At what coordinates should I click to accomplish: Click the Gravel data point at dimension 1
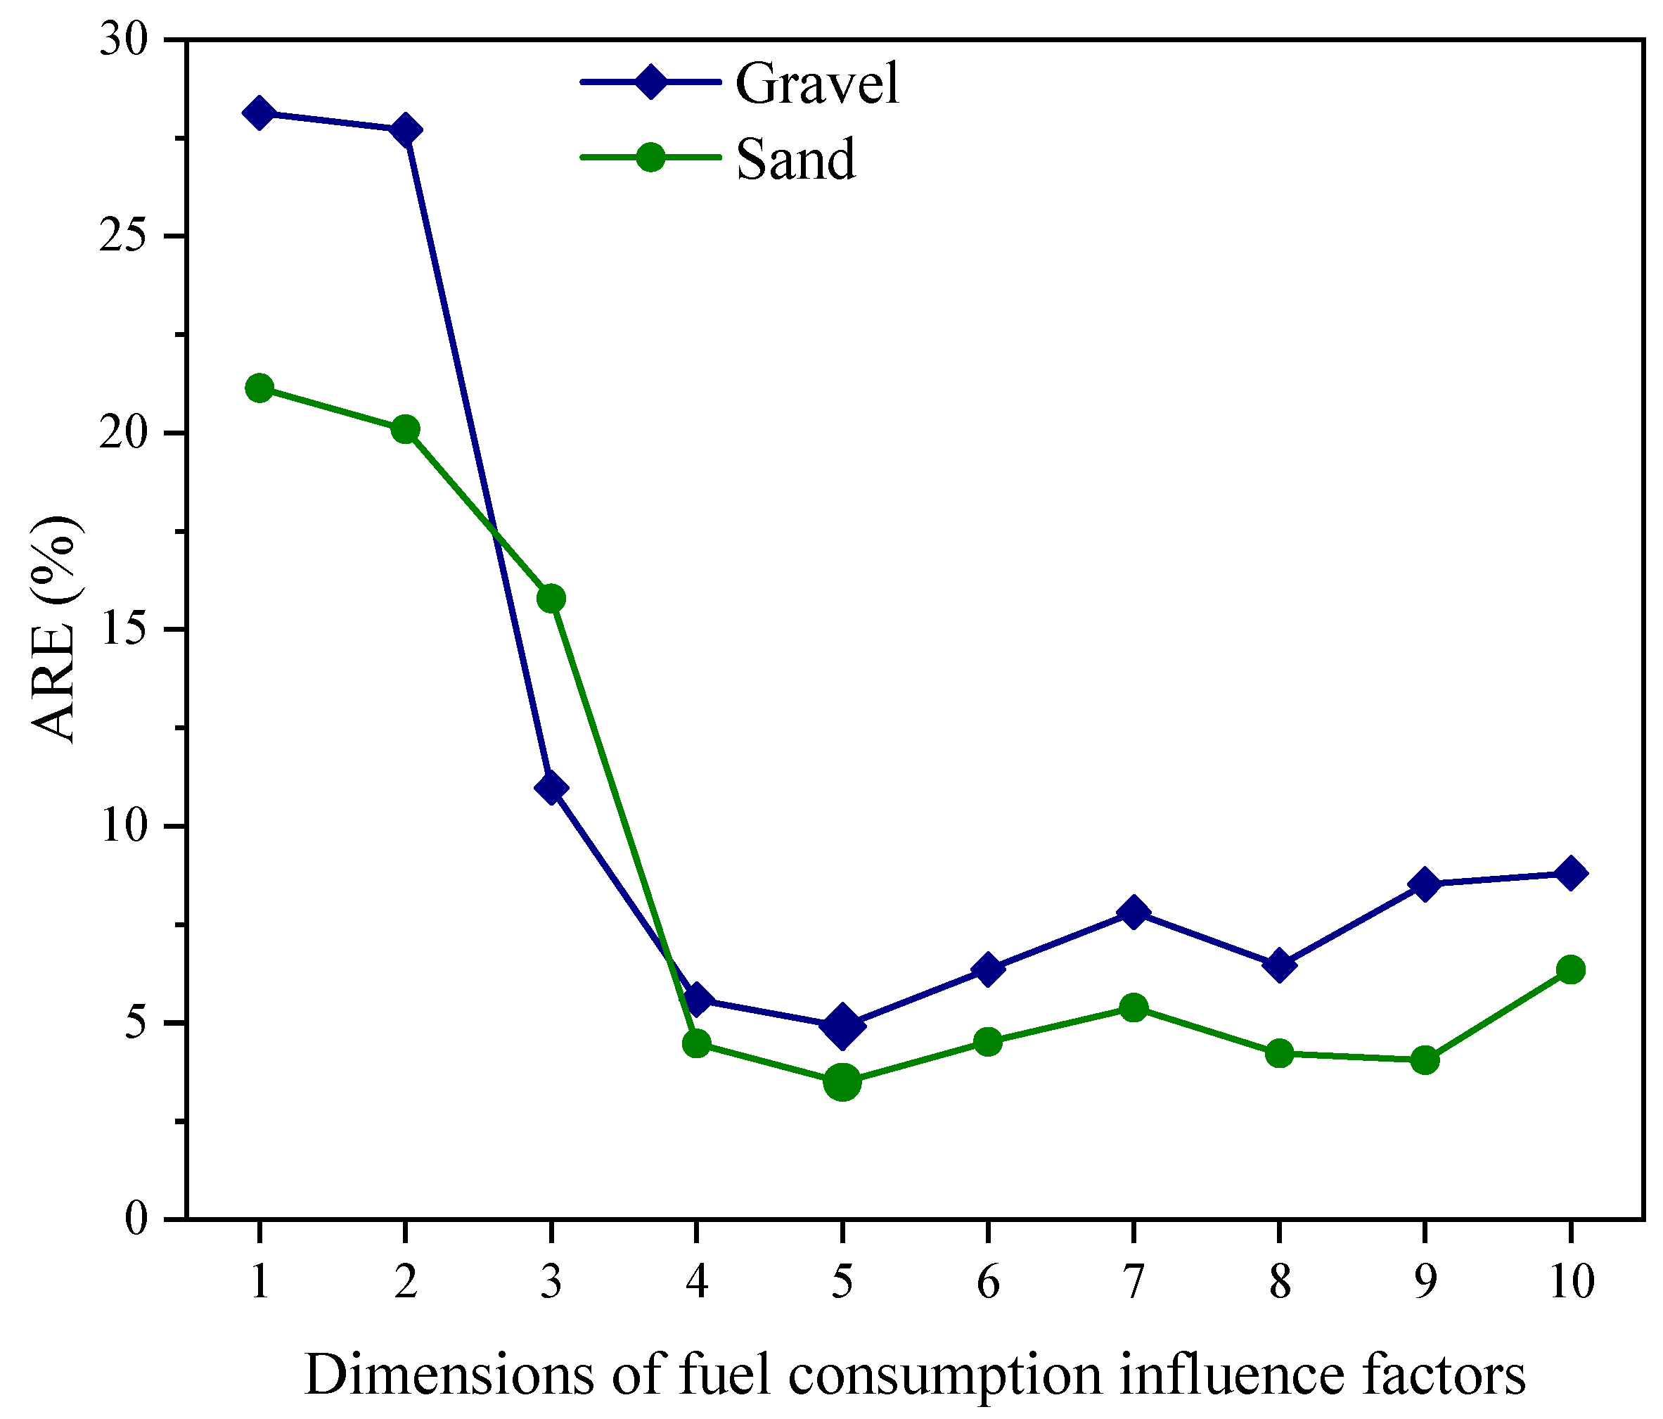coord(259,113)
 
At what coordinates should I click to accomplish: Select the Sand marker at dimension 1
coord(259,388)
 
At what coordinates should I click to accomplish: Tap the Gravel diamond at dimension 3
coord(551,788)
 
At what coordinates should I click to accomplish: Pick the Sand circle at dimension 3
coord(551,598)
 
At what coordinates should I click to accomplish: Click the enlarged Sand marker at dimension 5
coord(842,1083)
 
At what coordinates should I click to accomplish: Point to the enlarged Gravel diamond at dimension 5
coord(842,1026)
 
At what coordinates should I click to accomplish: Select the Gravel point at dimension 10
coord(1571,873)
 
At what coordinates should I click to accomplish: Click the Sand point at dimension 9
coord(1425,1060)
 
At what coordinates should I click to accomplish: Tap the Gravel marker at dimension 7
coord(1134,912)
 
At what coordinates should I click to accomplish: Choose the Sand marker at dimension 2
coord(405,430)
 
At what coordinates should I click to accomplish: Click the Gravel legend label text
coord(817,84)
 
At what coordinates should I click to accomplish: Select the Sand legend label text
coord(795,159)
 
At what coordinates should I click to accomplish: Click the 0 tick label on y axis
coord(138,1219)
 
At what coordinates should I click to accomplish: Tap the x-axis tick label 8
coord(1279,1282)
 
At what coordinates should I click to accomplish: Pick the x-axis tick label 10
coord(1571,1282)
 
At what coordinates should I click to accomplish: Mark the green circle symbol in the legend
coord(650,158)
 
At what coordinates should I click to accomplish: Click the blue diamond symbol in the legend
coord(650,81)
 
